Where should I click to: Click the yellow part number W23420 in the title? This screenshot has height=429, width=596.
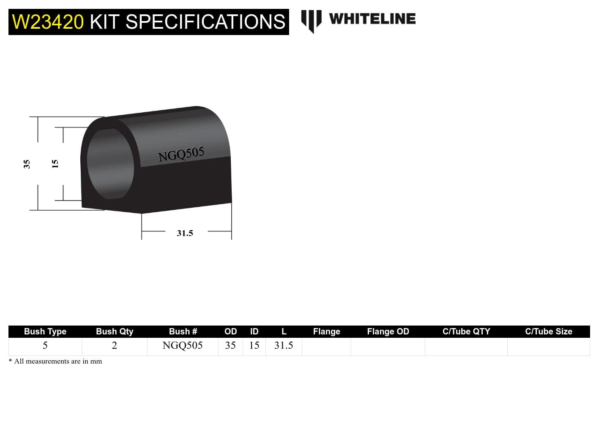click(48, 22)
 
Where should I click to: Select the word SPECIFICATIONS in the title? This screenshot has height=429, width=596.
click(205, 22)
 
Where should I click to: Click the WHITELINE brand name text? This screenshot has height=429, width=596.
click(372, 19)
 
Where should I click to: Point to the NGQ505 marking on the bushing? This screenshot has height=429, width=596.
click(181, 154)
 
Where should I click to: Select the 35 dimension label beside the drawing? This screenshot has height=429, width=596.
click(27, 164)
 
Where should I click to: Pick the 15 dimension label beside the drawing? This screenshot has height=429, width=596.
click(55, 164)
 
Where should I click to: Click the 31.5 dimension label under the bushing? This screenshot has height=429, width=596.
click(185, 233)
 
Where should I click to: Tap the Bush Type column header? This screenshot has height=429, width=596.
click(45, 331)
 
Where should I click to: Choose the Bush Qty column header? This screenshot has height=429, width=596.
click(115, 331)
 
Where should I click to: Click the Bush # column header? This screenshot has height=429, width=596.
click(183, 331)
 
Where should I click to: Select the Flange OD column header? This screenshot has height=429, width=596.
click(388, 331)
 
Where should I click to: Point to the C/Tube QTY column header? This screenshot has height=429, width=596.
click(466, 331)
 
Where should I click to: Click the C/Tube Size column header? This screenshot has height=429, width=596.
click(549, 331)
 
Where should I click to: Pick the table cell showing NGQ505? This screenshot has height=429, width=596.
click(183, 345)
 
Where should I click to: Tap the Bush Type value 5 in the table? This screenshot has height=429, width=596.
click(45, 345)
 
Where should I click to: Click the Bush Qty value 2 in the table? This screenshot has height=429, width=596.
click(115, 345)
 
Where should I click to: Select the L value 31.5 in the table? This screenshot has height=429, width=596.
click(284, 345)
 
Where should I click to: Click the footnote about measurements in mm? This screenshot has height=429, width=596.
click(55, 361)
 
